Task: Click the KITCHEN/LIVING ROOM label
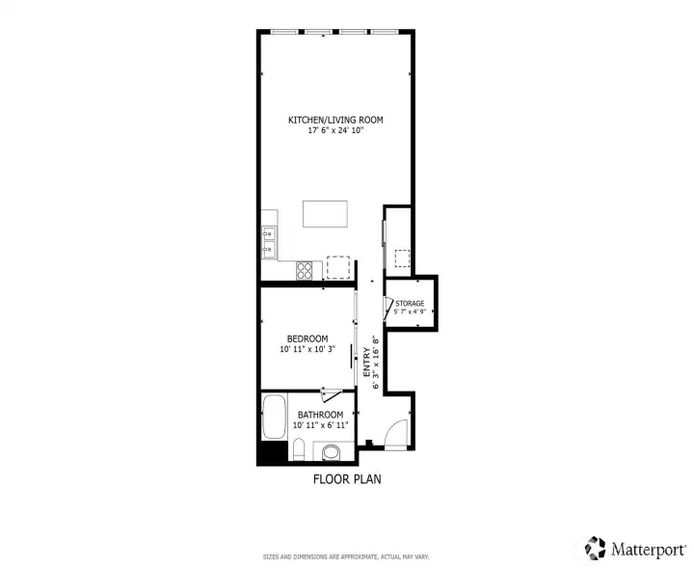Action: tap(335, 120)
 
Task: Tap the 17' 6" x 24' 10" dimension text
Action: tap(336, 130)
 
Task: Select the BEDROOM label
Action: tap(307, 338)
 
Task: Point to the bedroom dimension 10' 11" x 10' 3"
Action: tap(307, 349)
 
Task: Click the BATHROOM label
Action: tap(320, 415)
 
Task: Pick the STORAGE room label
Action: tap(410, 303)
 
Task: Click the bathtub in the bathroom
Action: tap(274, 417)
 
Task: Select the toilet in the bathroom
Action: tap(299, 449)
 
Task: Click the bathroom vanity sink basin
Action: tap(331, 452)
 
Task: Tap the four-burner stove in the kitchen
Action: tap(304, 270)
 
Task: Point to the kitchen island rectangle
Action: tap(326, 214)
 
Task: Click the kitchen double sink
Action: tap(269, 242)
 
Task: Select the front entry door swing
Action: tap(396, 434)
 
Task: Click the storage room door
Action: tap(387, 308)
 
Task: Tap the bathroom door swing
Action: tap(331, 395)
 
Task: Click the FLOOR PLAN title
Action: tap(347, 479)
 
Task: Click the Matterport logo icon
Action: tap(595, 548)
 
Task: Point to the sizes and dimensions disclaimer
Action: tap(346, 557)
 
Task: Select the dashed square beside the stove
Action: tap(338, 267)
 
